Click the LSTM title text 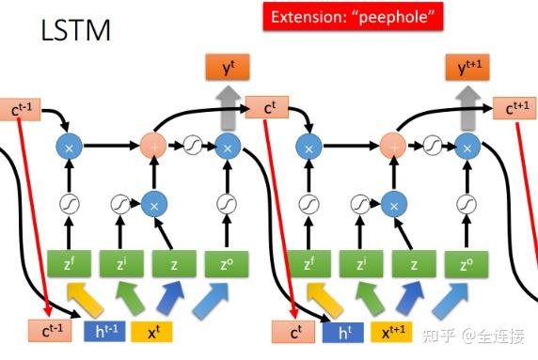tap(76, 30)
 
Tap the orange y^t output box tap(226, 68)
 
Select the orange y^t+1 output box tap(467, 68)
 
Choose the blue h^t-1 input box tap(103, 331)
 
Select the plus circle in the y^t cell tap(152, 146)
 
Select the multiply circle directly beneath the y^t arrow tap(226, 146)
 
